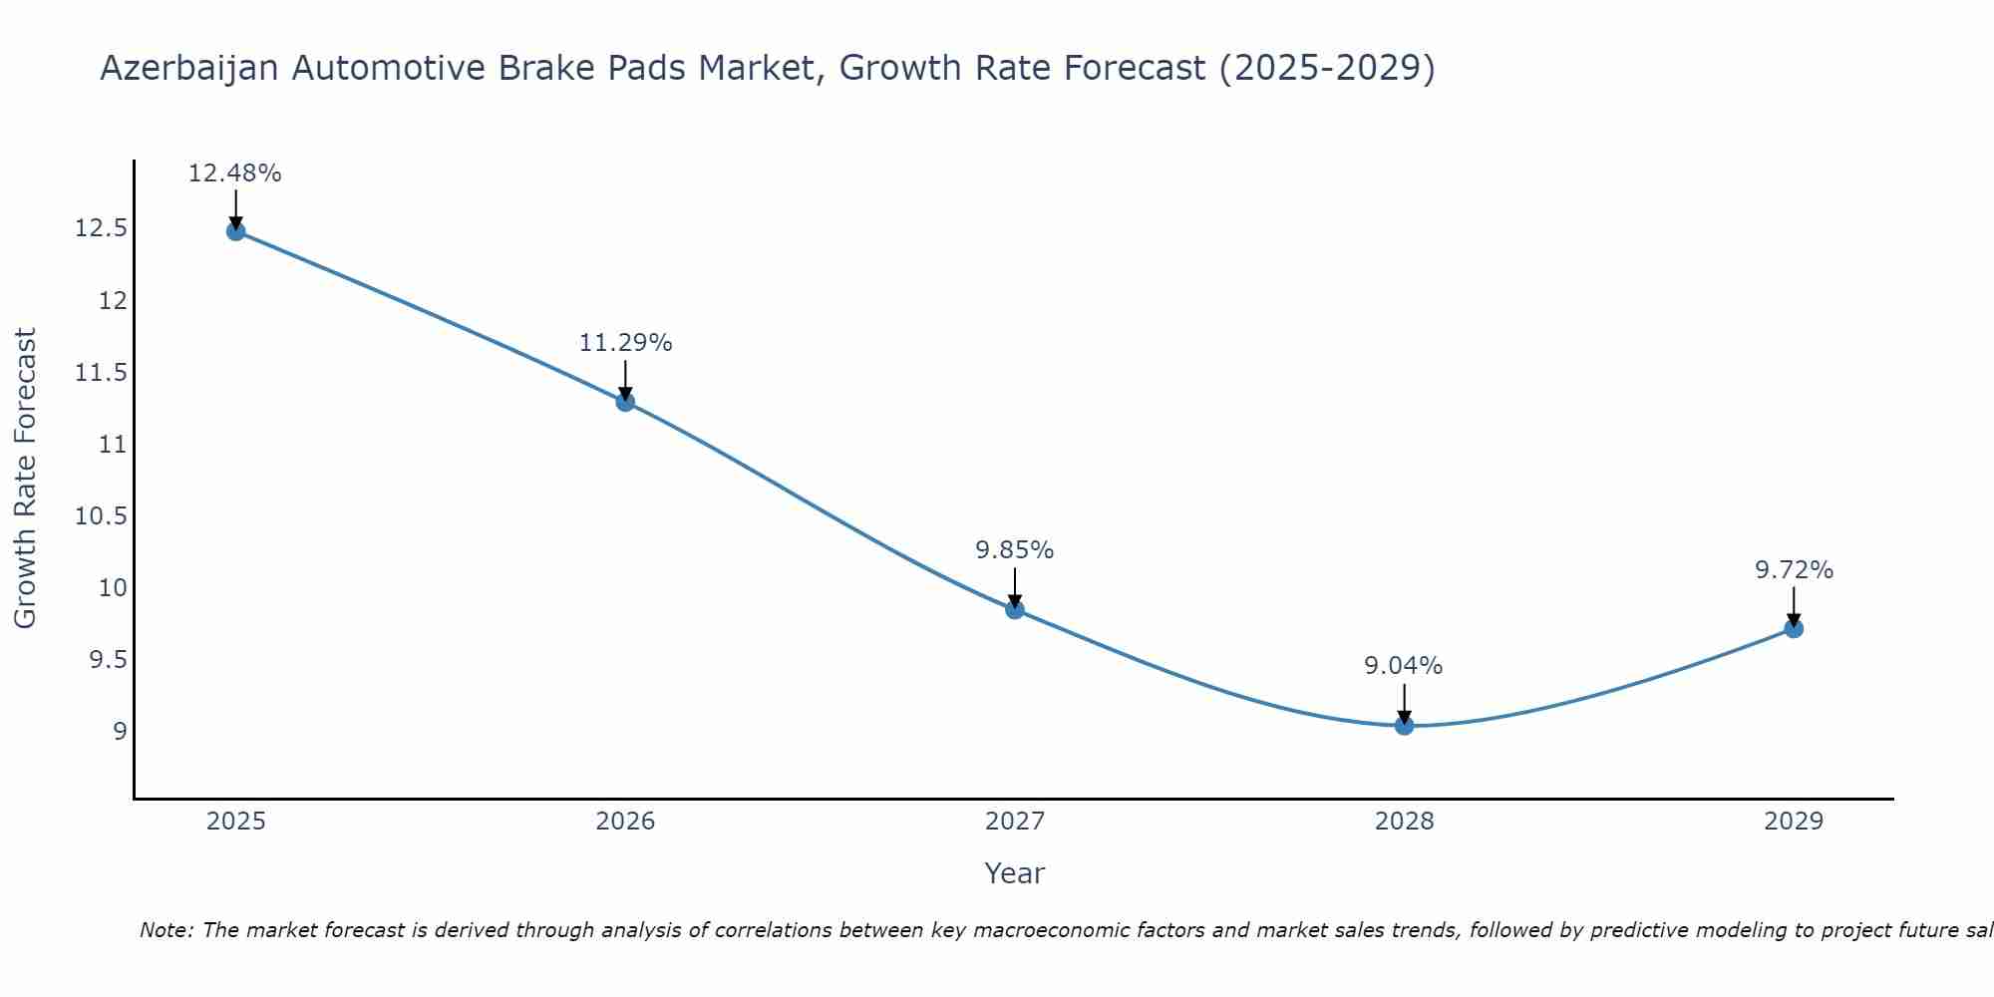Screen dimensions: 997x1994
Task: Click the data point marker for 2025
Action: [235, 231]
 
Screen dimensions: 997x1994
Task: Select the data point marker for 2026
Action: [625, 402]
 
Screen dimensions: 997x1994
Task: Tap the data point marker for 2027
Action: [1015, 609]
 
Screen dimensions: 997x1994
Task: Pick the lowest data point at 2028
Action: [1404, 725]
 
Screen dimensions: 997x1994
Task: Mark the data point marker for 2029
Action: [1794, 628]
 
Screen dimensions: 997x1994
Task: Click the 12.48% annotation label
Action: [235, 173]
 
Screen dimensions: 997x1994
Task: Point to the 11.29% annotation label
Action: [625, 343]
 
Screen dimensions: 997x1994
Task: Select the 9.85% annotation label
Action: [1015, 550]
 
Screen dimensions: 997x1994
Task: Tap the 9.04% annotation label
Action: [1404, 666]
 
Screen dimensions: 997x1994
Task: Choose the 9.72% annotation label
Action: [1794, 570]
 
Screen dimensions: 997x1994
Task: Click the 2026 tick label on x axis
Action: [625, 822]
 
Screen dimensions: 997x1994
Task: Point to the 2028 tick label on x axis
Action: [1404, 822]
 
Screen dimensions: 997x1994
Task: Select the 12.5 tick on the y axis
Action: [102, 229]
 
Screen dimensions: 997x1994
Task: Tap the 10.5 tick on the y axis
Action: [102, 516]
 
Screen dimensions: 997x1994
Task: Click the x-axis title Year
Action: [1015, 873]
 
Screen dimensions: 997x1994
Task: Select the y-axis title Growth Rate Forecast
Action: [26, 479]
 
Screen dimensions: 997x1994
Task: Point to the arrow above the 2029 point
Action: [1794, 606]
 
